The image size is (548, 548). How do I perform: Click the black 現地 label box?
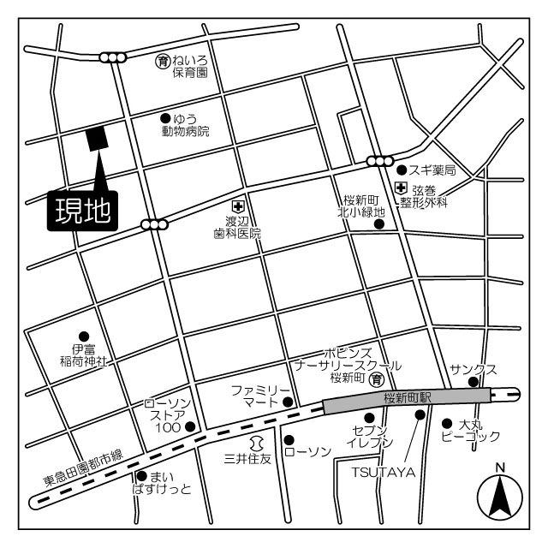tap(82, 211)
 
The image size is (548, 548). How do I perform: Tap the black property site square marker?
tap(95, 139)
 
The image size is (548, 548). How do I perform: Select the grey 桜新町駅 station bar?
tap(407, 398)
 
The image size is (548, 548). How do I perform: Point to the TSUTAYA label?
tap(382, 472)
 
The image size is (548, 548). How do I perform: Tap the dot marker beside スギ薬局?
tap(401, 170)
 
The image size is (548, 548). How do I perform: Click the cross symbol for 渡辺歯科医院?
tap(237, 205)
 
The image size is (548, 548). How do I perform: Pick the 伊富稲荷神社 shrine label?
tap(83, 355)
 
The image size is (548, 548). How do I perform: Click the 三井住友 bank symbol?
tap(254, 443)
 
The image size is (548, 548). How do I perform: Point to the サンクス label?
tap(474, 370)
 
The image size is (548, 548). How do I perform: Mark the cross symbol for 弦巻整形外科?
tap(401, 188)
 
